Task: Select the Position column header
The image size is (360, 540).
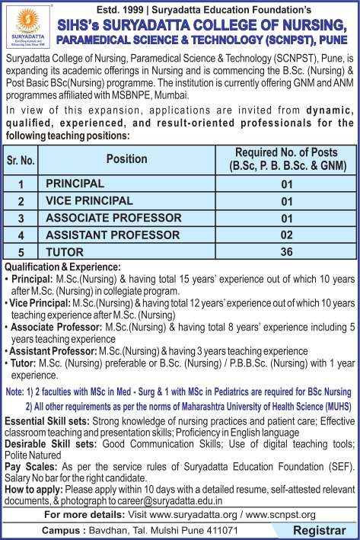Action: pyautogui.click(x=126, y=159)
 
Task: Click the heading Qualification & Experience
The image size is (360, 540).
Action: pyautogui.click(x=62, y=267)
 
